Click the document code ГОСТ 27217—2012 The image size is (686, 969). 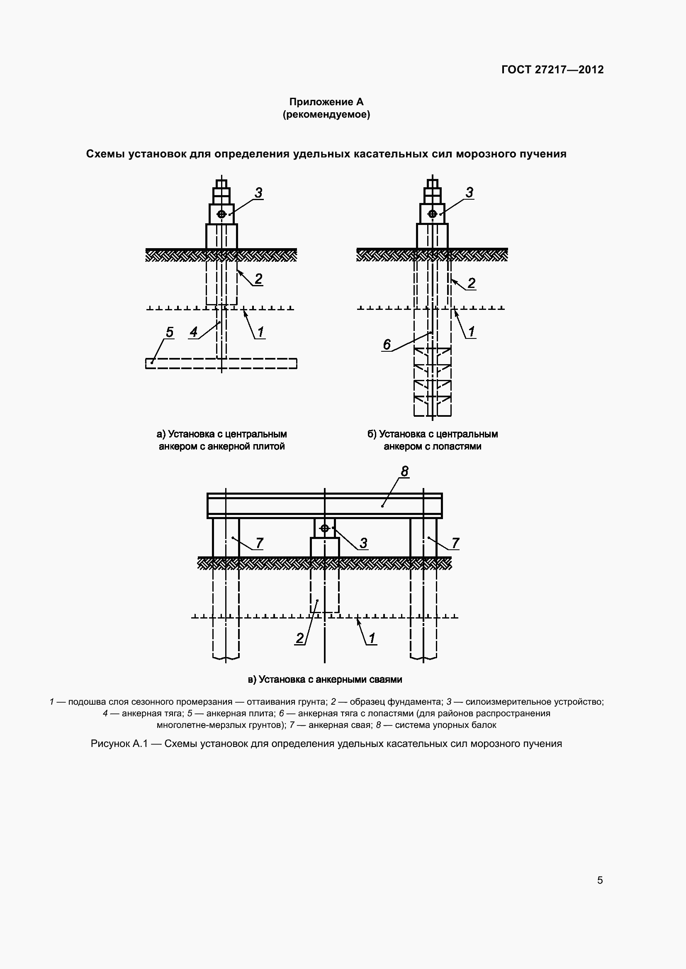[x=552, y=70]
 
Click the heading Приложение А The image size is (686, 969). [x=326, y=102]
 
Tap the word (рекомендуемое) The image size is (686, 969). [x=326, y=114]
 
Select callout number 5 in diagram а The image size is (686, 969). [x=169, y=332]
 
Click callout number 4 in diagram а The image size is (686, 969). [x=193, y=332]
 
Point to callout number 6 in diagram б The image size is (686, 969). [x=387, y=344]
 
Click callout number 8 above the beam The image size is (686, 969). [x=405, y=471]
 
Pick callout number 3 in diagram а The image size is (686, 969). [x=258, y=193]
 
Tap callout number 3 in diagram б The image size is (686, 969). [x=469, y=193]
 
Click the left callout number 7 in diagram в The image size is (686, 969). [x=260, y=543]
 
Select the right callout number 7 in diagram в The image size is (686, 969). [x=455, y=543]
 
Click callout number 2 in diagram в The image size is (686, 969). [x=299, y=638]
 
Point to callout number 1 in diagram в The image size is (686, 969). [x=372, y=638]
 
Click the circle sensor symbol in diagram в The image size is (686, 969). [x=324, y=528]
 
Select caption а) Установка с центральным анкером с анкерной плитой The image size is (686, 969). [x=222, y=440]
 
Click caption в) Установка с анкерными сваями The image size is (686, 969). [x=324, y=679]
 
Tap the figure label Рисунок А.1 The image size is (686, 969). [x=119, y=744]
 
